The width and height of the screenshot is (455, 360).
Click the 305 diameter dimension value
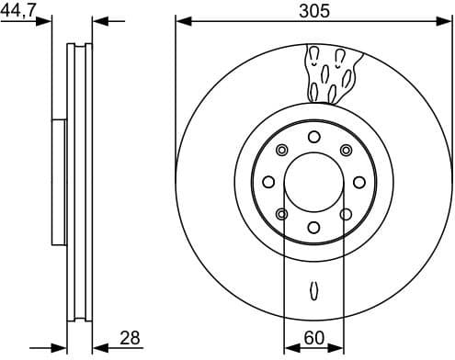pyautogui.click(x=313, y=11)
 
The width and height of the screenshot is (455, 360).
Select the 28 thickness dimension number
pyautogui.click(x=130, y=338)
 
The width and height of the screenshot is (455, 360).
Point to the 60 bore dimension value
pyautogui.click(x=313, y=338)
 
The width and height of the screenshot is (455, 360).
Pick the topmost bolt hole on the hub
pyautogui.click(x=313, y=137)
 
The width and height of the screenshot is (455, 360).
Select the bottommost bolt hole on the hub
pyautogui.click(x=313, y=227)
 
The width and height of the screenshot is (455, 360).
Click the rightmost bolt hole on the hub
pyautogui.click(x=358, y=182)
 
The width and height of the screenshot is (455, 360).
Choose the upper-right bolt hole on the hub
pyautogui.click(x=346, y=151)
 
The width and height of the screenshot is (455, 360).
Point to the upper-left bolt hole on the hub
pyautogui.click(x=281, y=151)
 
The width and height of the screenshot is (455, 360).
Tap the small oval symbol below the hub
pyautogui.click(x=313, y=290)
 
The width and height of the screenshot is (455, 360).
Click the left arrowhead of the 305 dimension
pyautogui.click(x=181, y=20)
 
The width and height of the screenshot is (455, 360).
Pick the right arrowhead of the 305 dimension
pyautogui.click(x=446, y=20)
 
